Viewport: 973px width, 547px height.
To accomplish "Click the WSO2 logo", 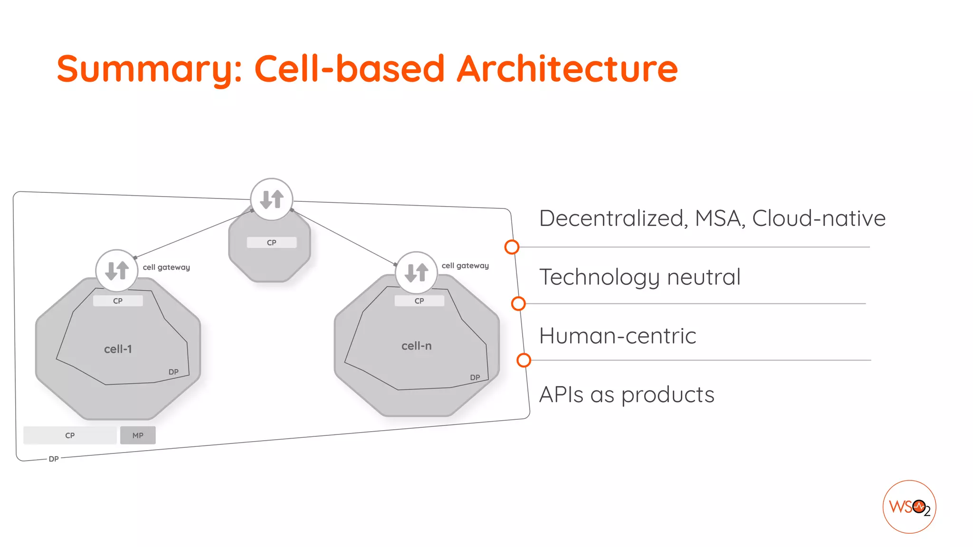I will point(909,507).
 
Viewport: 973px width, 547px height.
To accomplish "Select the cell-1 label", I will point(118,349).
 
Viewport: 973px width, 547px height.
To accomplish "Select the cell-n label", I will point(416,346).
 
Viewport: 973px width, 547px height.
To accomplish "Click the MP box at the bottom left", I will point(138,435).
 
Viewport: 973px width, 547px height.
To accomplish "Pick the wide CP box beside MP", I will point(70,435).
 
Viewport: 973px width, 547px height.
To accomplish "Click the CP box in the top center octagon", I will point(271,243).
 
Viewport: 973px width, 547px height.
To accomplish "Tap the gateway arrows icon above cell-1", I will point(117,270).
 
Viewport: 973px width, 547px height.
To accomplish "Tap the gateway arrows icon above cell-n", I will point(416,273).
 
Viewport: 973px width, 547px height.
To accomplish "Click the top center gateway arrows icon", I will point(271,199).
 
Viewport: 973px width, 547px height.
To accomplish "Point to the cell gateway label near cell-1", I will point(166,267).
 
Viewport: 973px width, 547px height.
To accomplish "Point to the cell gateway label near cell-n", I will point(465,265).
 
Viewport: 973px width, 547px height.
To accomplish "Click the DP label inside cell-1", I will point(173,372).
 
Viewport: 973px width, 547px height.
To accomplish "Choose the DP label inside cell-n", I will point(475,377).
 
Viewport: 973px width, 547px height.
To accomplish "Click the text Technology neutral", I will point(639,277).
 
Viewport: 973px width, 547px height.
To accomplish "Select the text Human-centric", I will point(618,336).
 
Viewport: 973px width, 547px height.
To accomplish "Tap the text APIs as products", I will point(626,395).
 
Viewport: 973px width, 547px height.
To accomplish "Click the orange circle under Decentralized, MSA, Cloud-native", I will point(512,247).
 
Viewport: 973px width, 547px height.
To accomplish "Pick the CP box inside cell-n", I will point(419,301).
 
